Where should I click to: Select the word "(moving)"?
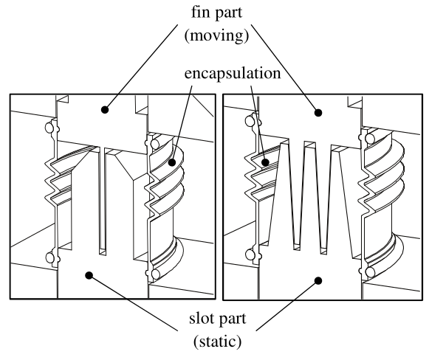click(x=216, y=35)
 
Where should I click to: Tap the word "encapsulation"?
click(x=233, y=73)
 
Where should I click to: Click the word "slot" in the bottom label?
click(x=201, y=318)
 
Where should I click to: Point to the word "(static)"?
click(x=218, y=342)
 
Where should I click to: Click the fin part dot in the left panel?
click(x=105, y=110)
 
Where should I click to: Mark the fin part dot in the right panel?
click(x=318, y=112)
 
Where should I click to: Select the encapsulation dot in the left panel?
click(x=171, y=162)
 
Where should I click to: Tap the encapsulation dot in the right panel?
click(x=265, y=162)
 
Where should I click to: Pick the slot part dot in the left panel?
click(x=89, y=275)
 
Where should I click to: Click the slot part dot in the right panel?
click(x=318, y=280)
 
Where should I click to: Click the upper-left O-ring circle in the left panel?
click(x=49, y=128)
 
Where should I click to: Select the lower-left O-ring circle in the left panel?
click(x=49, y=257)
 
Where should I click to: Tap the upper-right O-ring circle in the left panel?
click(x=155, y=144)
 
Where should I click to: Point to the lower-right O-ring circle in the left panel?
click(x=155, y=274)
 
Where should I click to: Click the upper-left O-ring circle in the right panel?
click(x=250, y=121)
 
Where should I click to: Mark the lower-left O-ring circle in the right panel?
click(x=250, y=255)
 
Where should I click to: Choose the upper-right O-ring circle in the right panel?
click(x=370, y=138)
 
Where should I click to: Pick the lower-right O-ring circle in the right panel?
click(x=370, y=272)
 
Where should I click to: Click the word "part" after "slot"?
click(x=233, y=319)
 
